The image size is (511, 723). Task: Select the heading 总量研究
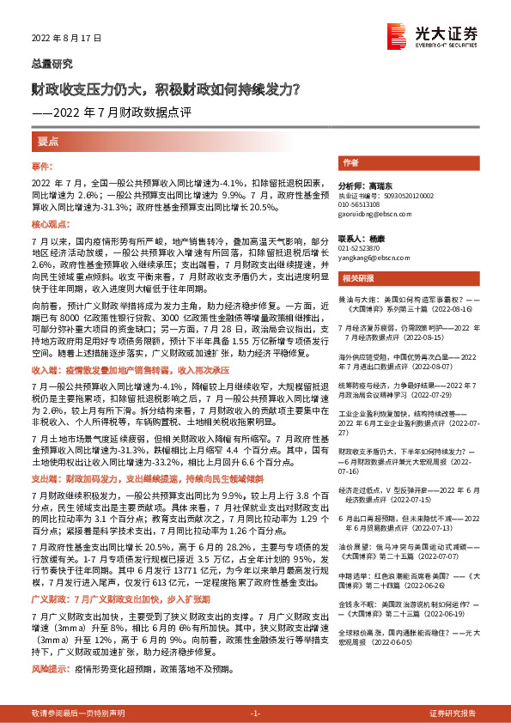(52, 64)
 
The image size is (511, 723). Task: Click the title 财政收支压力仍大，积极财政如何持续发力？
(165, 88)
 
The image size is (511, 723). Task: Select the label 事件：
(43, 165)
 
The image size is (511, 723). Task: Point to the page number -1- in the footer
(255, 714)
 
